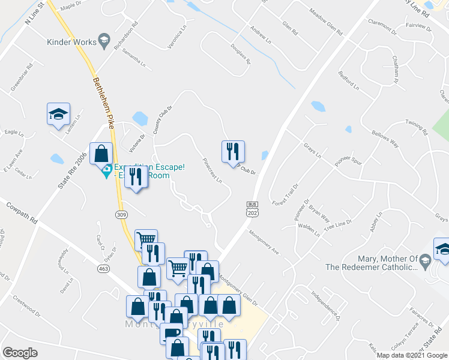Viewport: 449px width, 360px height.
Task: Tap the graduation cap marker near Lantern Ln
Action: pyautogui.click(x=59, y=114)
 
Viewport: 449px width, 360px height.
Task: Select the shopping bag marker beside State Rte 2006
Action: pyautogui.click(x=101, y=154)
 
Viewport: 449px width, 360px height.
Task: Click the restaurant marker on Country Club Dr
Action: pyautogui.click(x=233, y=152)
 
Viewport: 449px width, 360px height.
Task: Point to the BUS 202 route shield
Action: pyautogui.click(x=252, y=209)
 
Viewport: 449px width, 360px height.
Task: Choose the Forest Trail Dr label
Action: pyautogui.click(x=285, y=190)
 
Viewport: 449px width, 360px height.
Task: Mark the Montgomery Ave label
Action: pyautogui.click(x=264, y=243)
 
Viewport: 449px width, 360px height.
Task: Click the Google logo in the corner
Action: pyautogui.click(x=20, y=353)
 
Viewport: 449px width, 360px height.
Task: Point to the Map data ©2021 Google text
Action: pyautogui.click(x=411, y=355)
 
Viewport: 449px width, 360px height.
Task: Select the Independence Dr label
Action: pyautogui.click(x=326, y=304)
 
